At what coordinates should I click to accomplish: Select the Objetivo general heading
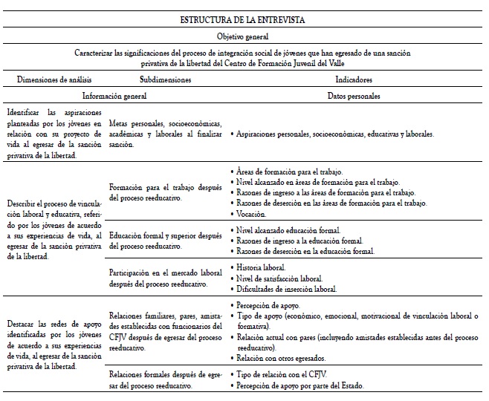coord(244,35)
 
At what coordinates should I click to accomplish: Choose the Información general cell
coord(114,96)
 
